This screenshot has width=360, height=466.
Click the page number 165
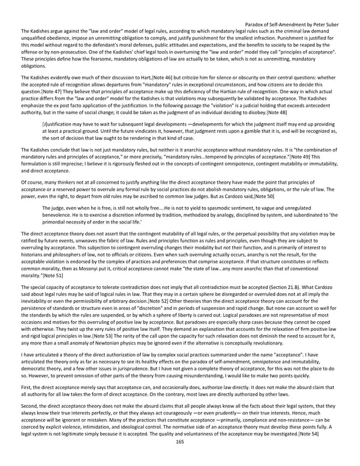click(x=179, y=458)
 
